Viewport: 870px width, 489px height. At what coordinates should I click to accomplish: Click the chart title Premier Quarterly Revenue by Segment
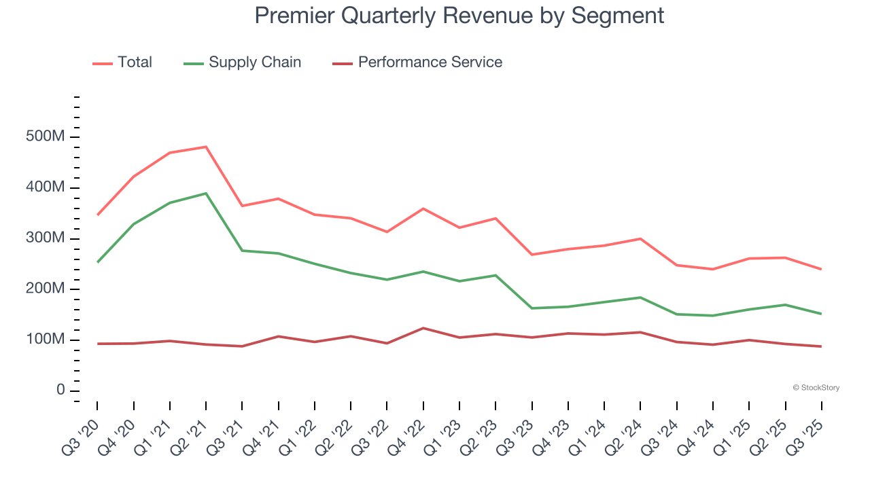click(459, 15)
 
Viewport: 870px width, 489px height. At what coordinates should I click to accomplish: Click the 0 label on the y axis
click(60, 391)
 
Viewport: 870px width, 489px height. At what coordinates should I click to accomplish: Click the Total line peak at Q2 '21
click(206, 147)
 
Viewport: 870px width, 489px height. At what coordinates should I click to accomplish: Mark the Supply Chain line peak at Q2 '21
click(206, 194)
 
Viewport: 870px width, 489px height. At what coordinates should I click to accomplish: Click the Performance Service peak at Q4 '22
click(423, 328)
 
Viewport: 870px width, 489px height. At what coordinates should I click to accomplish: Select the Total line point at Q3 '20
click(97, 215)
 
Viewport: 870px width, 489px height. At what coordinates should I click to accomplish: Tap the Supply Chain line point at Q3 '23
click(532, 308)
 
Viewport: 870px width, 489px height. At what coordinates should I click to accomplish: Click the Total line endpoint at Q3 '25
click(822, 269)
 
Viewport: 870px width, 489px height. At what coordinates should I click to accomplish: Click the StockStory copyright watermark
click(816, 388)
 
